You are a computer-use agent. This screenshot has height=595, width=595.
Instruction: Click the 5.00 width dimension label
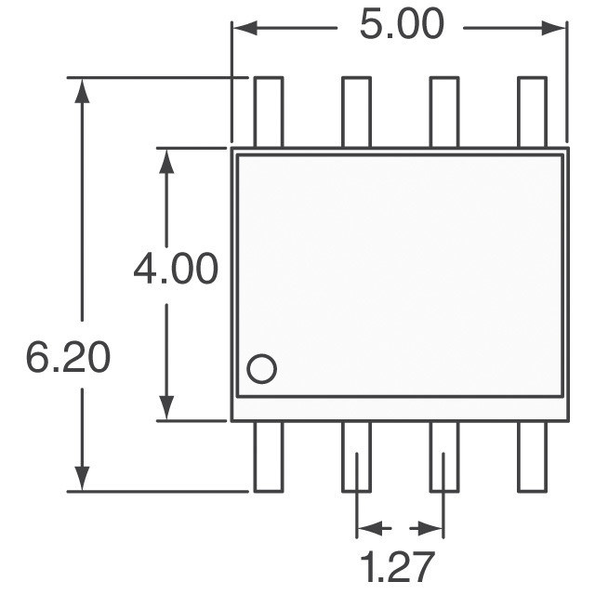pos(402,24)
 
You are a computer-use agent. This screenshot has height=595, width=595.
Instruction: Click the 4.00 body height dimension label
pos(176,269)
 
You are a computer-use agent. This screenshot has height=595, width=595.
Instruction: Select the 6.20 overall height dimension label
pos(68,357)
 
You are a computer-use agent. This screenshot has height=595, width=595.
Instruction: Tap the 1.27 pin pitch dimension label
pos(396,568)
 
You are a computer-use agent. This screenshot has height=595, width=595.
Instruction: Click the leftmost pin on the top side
pos(269,112)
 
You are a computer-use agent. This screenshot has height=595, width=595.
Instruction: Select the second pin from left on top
pos(356,112)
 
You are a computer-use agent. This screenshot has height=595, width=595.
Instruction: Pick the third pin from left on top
pos(444,112)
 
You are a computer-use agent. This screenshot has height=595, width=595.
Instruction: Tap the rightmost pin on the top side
pos(533,112)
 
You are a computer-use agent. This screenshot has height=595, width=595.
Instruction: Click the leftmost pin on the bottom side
pos(269,456)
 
